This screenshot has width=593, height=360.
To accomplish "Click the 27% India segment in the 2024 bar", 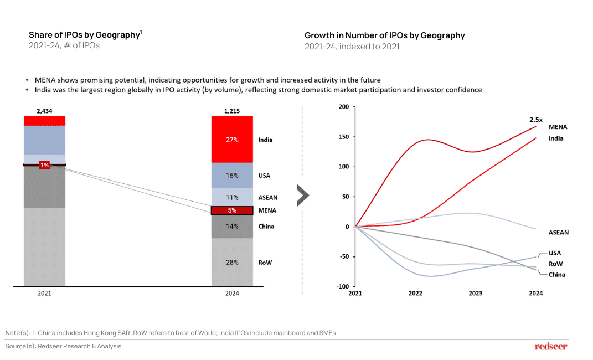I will (232, 140).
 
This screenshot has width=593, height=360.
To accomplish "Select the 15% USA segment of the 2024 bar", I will (232, 176).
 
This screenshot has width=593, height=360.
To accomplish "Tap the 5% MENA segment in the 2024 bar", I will (232, 210).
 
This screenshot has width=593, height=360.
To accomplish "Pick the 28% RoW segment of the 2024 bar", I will (232, 262).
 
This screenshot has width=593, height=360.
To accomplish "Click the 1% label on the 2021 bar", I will (44, 165).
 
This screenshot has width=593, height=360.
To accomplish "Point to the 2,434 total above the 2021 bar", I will (44, 111).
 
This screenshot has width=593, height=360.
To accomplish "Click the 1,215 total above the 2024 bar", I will (232, 111).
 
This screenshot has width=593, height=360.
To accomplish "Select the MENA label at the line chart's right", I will (558, 127).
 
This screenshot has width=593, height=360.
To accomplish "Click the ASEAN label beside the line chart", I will (558, 233).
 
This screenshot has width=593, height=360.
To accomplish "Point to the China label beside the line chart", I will (556, 275).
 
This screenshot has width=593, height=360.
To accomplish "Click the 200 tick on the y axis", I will (344, 107).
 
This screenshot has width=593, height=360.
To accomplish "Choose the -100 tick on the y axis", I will (343, 287).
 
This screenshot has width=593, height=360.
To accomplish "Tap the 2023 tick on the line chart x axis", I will (475, 294).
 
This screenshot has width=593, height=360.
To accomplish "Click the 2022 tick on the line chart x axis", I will (415, 294).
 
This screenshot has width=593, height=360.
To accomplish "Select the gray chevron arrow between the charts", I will (302, 195).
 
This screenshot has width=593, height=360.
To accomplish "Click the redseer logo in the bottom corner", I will (551, 346).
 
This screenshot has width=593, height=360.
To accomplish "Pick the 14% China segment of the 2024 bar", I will (232, 226).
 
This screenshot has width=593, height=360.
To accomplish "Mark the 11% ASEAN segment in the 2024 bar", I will (232, 197).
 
